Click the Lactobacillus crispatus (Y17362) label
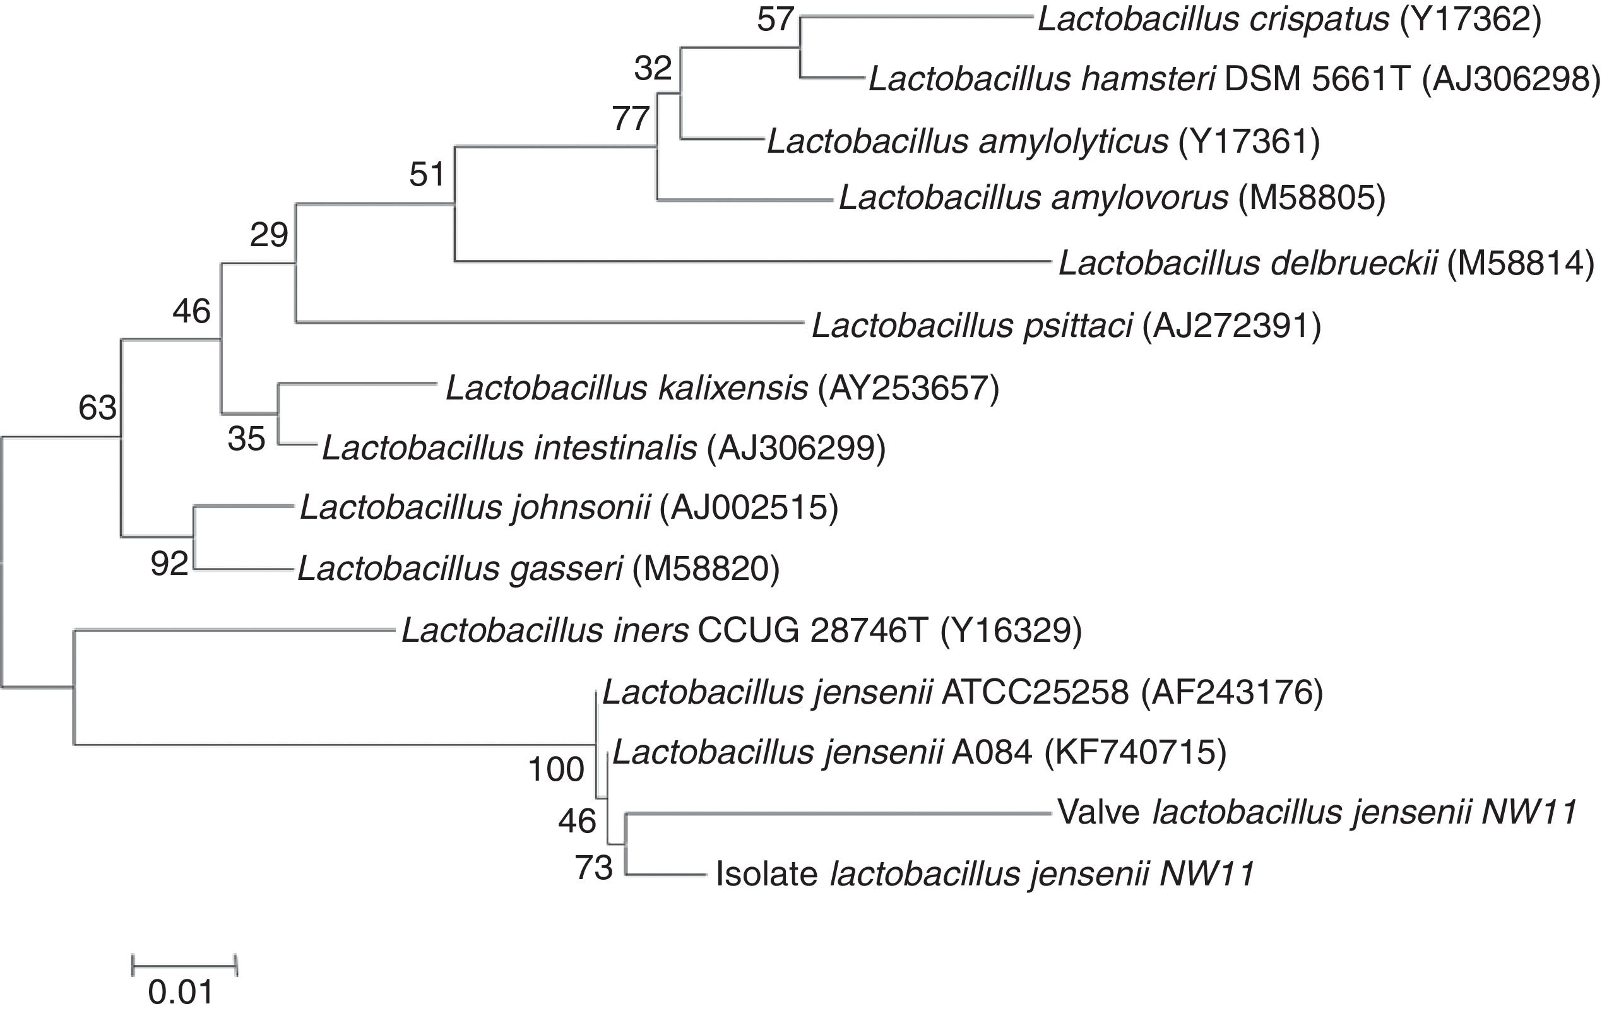point(1290,20)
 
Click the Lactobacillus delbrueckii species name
point(1248,263)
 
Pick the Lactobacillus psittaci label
point(972,326)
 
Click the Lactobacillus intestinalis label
point(509,449)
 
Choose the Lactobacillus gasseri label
point(460,569)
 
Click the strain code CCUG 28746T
point(812,630)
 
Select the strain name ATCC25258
point(1035,693)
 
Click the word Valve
point(1098,813)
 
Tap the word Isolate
point(766,874)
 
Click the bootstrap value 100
point(556,770)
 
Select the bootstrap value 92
point(170,565)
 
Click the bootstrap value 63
point(98,408)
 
